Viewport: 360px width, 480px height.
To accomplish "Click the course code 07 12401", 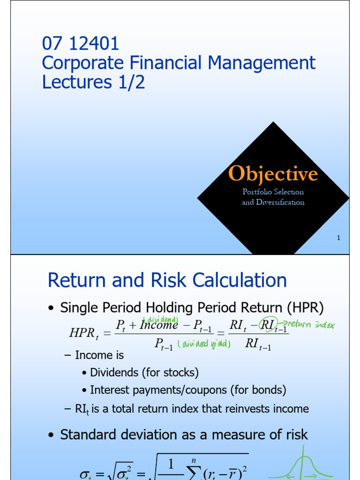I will [81, 44].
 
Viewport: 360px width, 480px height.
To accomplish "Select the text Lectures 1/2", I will [93, 82].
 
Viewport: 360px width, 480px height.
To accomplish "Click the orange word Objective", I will [273, 174].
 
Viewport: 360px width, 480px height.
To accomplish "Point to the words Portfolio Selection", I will [273, 192].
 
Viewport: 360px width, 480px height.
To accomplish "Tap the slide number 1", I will [338, 238].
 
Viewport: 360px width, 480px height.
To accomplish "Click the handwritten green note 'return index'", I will [311, 323].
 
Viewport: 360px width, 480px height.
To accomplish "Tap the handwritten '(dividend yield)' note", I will [204, 344].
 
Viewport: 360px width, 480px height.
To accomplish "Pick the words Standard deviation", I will [120, 435].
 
